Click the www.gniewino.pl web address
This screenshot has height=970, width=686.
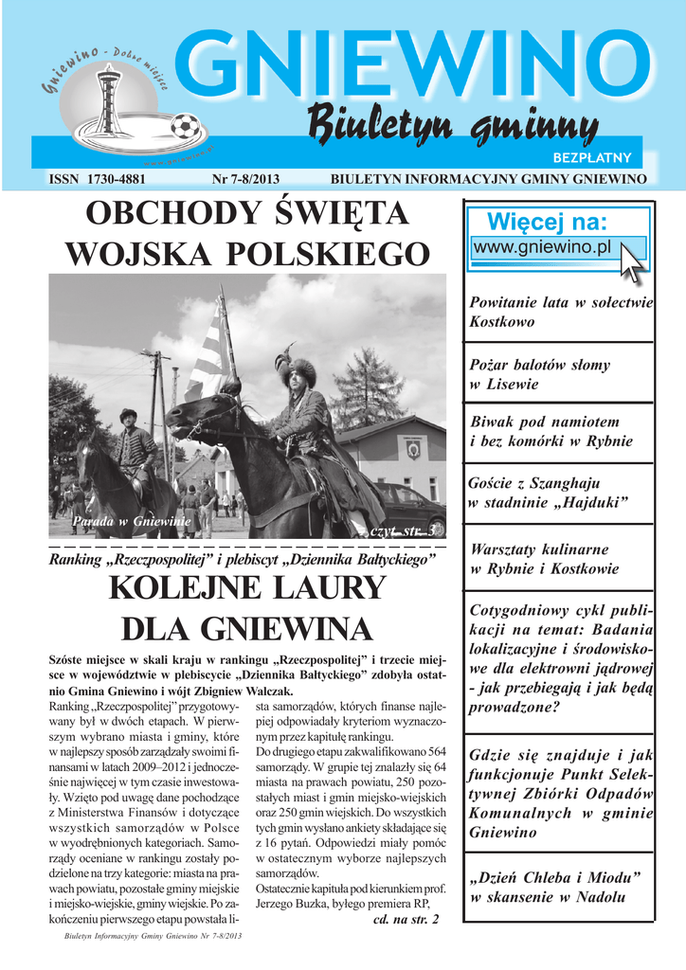tap(543, 247)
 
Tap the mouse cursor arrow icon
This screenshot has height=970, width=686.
tap(631, 261)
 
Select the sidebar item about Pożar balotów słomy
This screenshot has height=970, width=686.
tap(540, 374)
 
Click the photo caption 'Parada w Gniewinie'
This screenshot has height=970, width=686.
tap(118, 521)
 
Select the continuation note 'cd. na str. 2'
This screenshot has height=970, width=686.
tap(406, 920)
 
